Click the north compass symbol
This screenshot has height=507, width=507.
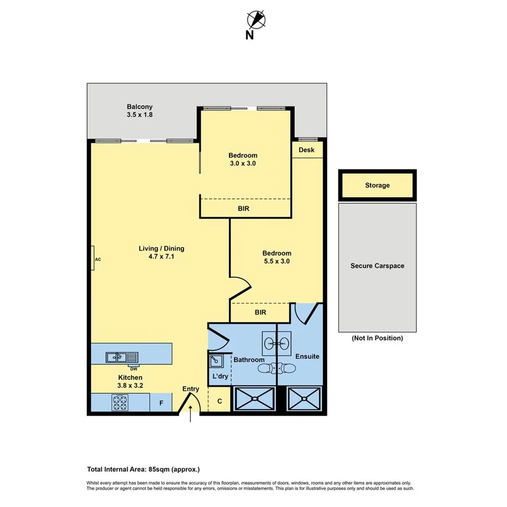(256, 20)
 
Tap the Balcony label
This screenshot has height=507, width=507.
(139, 107)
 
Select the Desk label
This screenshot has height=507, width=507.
(306, 150)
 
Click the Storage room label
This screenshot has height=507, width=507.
(377, 186)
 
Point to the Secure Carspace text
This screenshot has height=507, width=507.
(377, 266)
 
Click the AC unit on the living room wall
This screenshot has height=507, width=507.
(94, 259)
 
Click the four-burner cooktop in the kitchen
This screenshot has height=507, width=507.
(120, 403)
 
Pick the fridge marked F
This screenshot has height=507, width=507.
(161, 403)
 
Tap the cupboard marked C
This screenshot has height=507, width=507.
(219, 401)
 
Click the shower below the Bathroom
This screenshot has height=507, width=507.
(253, 399)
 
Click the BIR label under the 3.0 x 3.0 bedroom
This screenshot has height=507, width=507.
(244, 208)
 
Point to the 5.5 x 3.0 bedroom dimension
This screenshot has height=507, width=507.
(277, 261)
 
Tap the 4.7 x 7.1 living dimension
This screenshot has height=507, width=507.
(161, 257)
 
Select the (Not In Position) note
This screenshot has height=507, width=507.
(377, 338)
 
